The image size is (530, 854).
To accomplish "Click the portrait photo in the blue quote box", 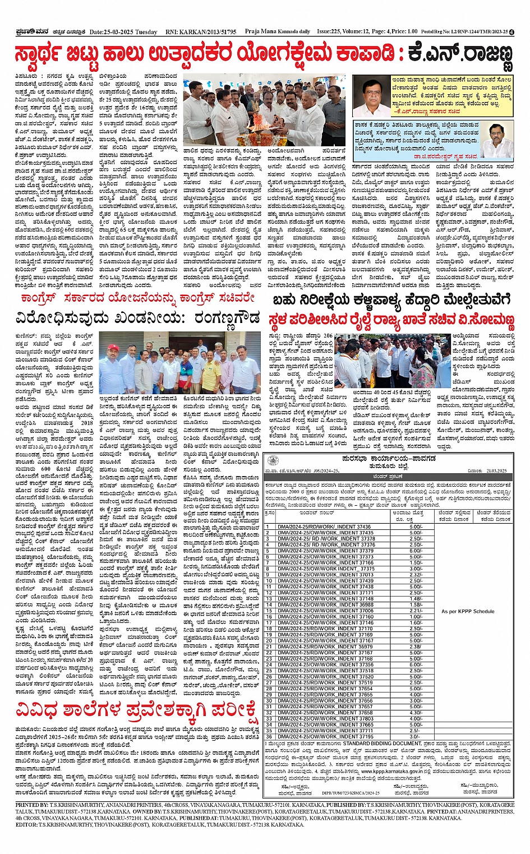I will pos(497,139).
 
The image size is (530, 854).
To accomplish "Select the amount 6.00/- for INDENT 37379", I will pos(416,551).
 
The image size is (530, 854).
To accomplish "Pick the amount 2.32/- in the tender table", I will pos(416,575).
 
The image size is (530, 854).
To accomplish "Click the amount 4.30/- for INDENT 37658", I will pos(416,713).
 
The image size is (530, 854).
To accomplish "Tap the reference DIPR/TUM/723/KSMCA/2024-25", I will pos(351,793).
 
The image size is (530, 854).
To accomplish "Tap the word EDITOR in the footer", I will pos(26,825).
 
